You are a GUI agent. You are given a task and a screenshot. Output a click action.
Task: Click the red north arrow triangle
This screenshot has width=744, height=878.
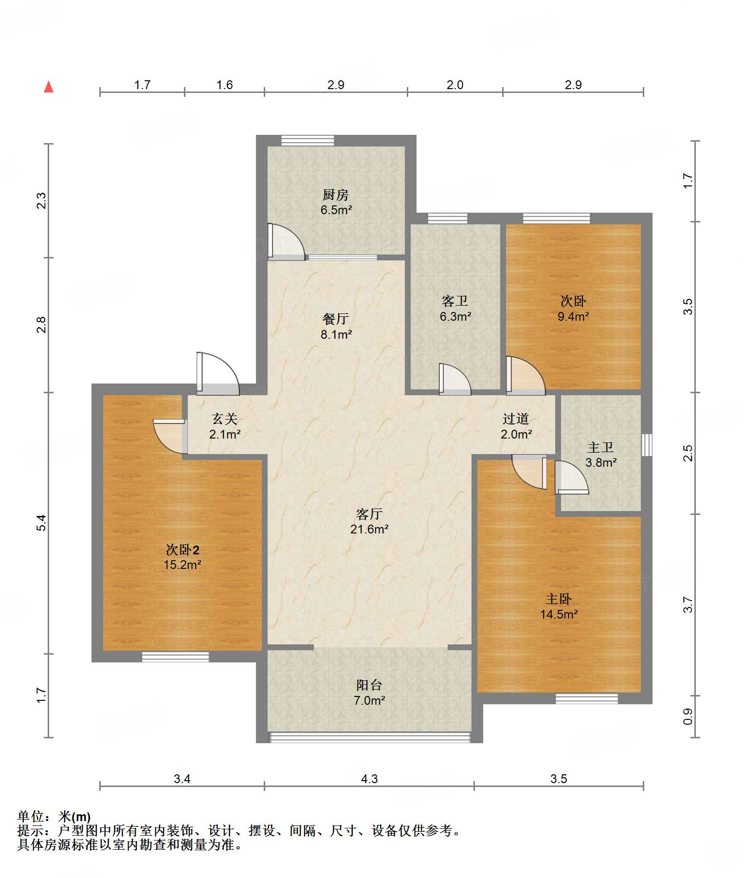click(49, 87)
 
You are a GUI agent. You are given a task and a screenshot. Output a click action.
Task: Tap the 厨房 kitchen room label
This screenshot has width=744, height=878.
click(336, 195)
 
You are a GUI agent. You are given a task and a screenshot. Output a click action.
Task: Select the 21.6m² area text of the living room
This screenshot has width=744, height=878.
click(369, 530)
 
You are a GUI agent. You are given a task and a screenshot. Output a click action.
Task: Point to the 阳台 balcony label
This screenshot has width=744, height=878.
click(369, 685)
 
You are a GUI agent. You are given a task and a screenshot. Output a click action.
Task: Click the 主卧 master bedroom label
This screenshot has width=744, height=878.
click(559, 599)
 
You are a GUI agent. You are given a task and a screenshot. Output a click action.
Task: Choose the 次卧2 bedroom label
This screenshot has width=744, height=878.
click(182, 550)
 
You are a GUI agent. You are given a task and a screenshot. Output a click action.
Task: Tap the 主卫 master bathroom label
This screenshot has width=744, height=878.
click(601, 447)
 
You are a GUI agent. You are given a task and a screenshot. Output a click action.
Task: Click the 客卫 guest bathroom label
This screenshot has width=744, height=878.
click(455, 301)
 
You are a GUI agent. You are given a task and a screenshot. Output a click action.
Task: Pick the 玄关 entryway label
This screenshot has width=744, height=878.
click(225, 419)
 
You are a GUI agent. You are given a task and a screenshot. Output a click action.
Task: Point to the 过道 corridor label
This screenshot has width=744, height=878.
click(516, 419)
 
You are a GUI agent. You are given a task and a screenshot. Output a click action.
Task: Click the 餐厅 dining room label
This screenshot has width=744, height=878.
click(336, 319)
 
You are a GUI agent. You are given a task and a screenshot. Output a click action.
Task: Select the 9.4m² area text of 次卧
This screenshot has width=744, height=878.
click(573, 317)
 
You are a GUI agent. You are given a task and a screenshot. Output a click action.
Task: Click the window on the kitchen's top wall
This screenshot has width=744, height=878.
click(308, 140)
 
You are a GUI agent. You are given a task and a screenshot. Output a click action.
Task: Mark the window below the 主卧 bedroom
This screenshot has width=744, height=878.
click(587, 699)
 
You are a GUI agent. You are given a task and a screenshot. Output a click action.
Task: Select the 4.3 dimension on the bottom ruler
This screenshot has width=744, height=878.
click(369, 779)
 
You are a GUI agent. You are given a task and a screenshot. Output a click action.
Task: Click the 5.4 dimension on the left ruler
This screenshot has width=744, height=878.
click(42, 523)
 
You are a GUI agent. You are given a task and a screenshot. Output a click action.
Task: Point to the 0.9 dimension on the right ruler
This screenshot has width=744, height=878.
click(688, 716)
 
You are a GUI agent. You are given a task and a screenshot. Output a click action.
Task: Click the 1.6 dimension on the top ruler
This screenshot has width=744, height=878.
click(224, 85)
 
